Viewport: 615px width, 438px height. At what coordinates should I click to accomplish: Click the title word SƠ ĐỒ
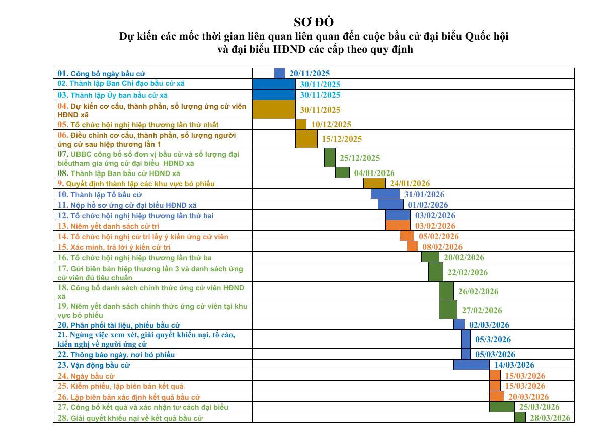pos(314,22)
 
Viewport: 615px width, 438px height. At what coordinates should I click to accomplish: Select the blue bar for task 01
pos(279,73)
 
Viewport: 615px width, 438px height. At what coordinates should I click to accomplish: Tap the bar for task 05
pos(301,124)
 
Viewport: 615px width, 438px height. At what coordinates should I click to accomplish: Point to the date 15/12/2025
pos(342,139)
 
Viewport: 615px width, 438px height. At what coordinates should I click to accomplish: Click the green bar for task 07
pos(330,158)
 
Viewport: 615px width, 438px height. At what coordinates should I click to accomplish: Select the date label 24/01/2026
pos(410,184)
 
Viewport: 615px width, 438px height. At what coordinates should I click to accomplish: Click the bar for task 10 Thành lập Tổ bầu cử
pos(385,194)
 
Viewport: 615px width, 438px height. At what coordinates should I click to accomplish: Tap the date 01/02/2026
pos(428,205)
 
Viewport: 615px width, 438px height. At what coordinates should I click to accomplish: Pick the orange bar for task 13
pos(398,226)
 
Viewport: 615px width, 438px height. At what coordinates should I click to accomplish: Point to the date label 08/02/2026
pos(442,247)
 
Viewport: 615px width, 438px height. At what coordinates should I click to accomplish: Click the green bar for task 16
pos(430,257)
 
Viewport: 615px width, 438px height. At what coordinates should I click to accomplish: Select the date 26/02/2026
pos(478,291)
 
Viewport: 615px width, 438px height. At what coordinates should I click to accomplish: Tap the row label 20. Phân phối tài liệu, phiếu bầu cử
pos(119,325)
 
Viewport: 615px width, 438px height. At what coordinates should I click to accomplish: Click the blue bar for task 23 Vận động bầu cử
pos(471,365)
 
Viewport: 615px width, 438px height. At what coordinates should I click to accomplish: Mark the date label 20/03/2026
pos(528,397)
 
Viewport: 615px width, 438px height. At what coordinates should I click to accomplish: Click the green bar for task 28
pos(520,418)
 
